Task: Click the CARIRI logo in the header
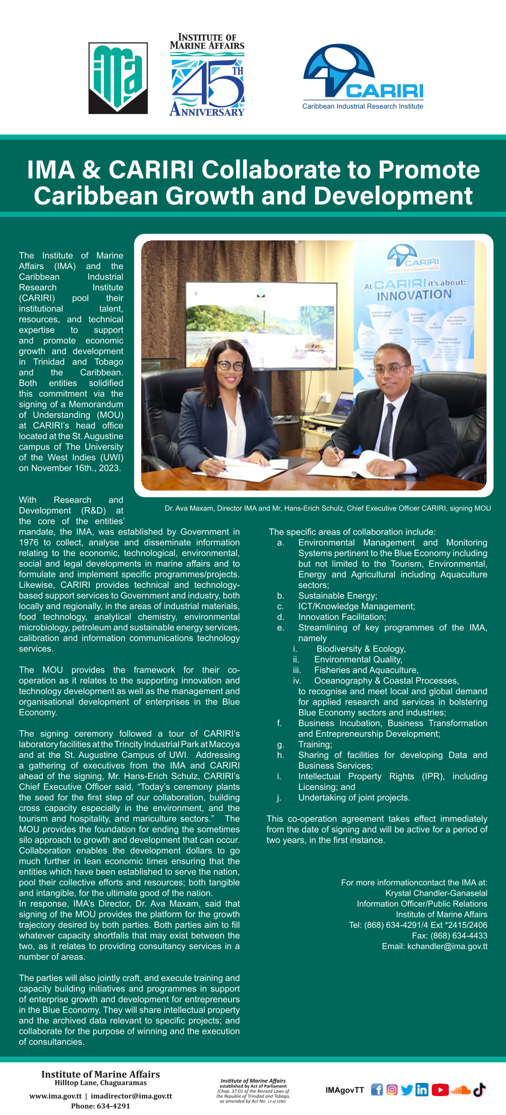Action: [362, 77]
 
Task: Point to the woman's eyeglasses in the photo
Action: [231, 365]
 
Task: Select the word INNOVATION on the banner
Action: [414, 295]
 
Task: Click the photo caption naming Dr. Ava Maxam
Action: [327, 508]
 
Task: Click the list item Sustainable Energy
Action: [337, 596]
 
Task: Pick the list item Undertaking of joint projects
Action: [354, 797]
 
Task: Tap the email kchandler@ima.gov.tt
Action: [435, 946]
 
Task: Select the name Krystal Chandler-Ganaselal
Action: [436, 893]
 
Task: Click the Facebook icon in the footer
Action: [377, 1089]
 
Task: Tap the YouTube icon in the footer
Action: [440, 1089]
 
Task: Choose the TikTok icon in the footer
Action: [479, 1089]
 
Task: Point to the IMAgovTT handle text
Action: [344, 1090]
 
